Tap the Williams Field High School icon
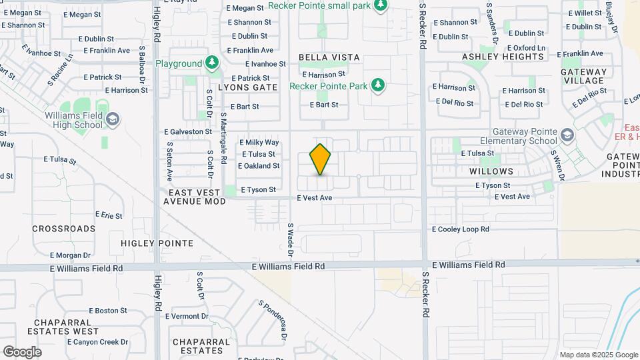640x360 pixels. [x=112, y=119]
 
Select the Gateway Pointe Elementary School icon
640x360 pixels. [x=567, y=136]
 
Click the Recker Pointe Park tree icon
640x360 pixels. [x=378, y=85]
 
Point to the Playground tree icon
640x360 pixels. [x=212, y=63]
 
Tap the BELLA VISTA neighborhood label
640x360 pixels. [x=329, y=58]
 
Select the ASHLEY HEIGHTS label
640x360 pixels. [x=499, y=57]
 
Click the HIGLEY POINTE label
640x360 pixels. [x=157, y=243]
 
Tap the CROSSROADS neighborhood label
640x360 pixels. [x=64, y=229]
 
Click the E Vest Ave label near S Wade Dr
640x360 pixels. [x=314, y=198]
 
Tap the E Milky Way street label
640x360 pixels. [x=259, y=143]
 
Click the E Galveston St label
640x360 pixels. [x=188, y=132]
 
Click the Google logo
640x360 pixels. [x=22, y=352]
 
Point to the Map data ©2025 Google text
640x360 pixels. [x=599, y=355]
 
